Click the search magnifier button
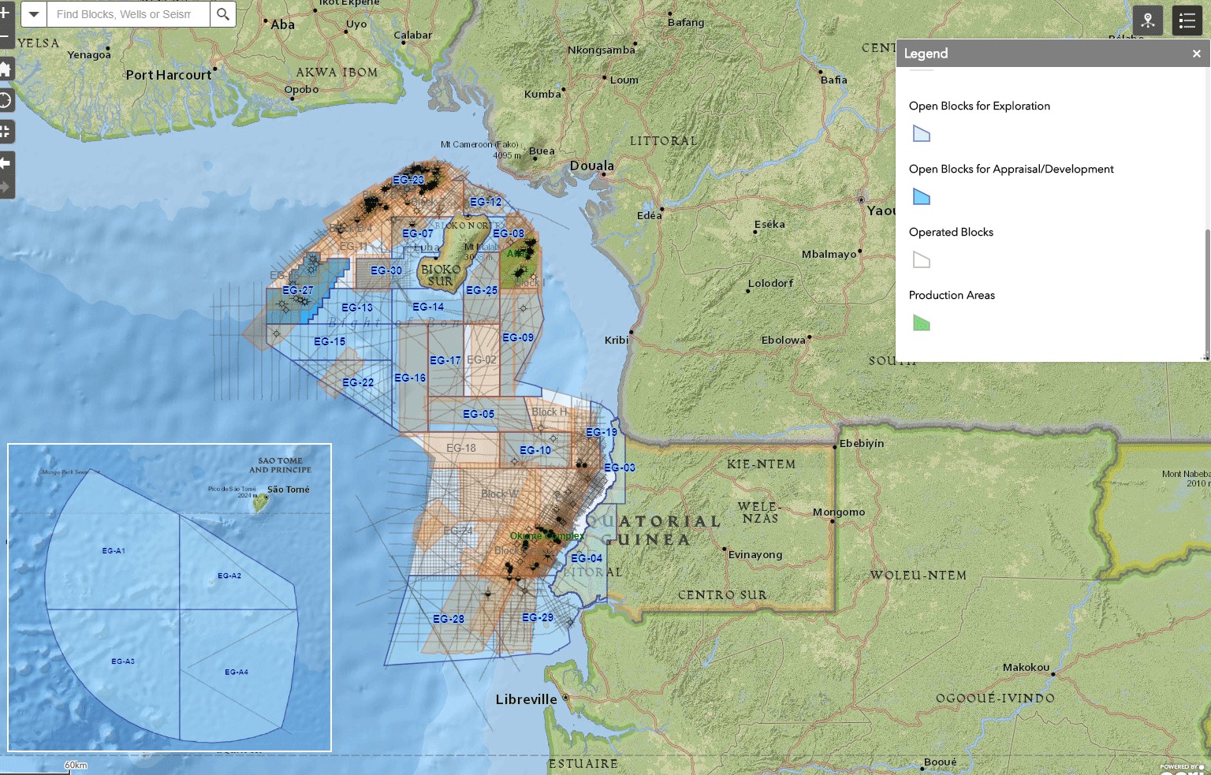(223, 14)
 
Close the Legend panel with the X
(1196, 54)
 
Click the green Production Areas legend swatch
(921, 323)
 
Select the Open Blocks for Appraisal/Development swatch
(921, 197)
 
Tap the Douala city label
(591, 166)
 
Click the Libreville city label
(526, 699)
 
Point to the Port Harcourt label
(169, 76)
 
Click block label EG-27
(298, 290)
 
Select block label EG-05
(479, 414)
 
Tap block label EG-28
(449, 619)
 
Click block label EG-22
(358, 382)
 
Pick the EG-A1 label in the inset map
(114, 551)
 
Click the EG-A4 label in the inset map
(237, 673)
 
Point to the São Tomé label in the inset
(288, 490)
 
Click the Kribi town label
(617, 341)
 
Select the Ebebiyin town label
(862, 444)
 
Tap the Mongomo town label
(839, 512)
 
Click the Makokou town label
(1026, 668)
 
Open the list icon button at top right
(1187, 21)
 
